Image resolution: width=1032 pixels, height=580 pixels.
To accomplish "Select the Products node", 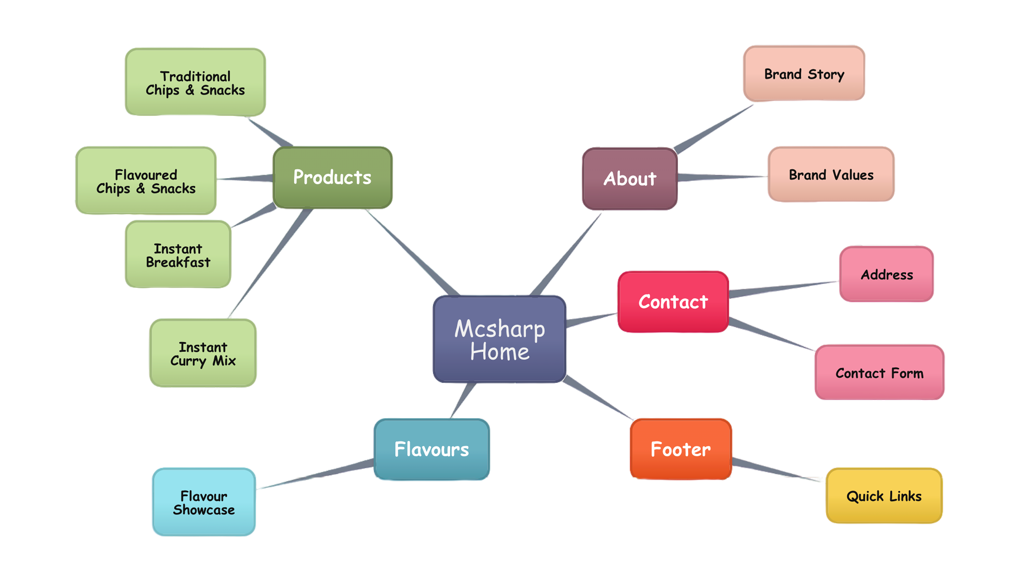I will point(332,177).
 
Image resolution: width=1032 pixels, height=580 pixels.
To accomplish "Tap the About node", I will point(629,179).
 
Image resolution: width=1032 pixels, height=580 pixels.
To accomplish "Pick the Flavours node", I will point(431,449).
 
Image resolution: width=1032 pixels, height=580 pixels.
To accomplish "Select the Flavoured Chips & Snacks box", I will point(146,181).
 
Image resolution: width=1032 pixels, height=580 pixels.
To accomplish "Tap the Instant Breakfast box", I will point(178,255).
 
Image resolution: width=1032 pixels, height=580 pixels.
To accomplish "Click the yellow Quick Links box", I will point(884,496).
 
